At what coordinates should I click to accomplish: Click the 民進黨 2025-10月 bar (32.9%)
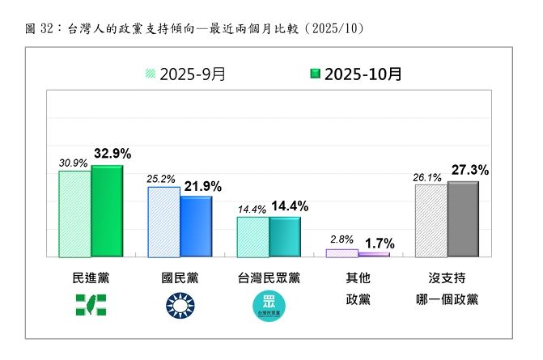point(106,211)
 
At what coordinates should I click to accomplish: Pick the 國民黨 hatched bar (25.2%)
point(163,222)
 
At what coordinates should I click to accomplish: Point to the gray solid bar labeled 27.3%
point(462,218)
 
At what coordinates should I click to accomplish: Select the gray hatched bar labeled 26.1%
point(431,220)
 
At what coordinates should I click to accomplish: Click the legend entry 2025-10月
point(355,74)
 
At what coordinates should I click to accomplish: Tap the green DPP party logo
point(90,304)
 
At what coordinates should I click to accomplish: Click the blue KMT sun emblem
point(180,304)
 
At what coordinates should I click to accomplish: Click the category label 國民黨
point(180,278)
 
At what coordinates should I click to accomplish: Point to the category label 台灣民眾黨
point(269,278)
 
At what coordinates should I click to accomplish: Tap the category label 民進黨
point(90,278)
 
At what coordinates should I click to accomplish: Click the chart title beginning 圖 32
point(194,29)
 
